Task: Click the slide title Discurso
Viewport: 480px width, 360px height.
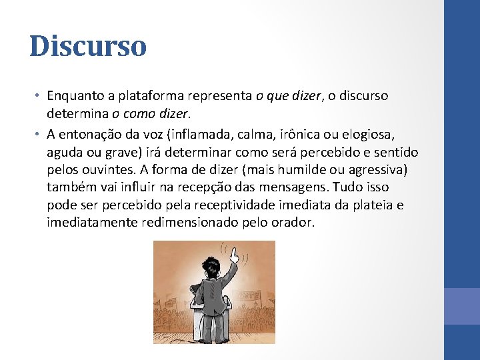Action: (x=87, y=46)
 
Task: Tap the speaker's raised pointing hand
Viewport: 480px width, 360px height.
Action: (x=233, y=255)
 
